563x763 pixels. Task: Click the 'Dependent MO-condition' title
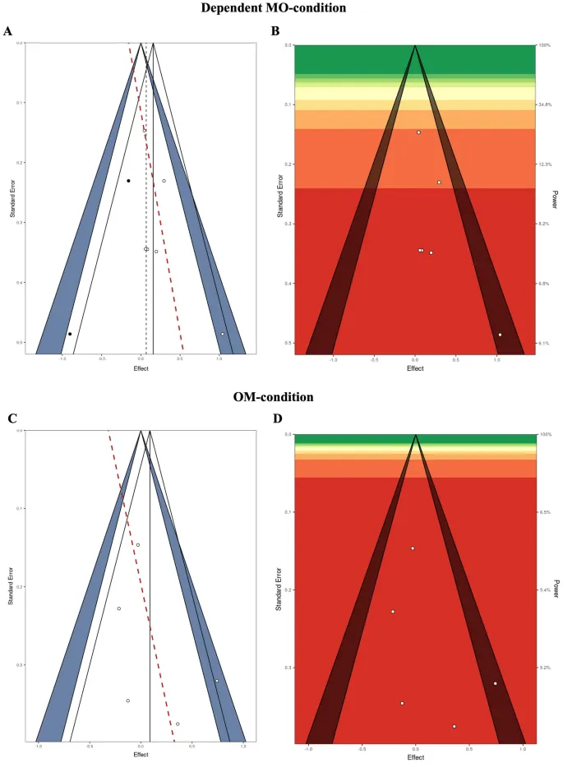[281, 9]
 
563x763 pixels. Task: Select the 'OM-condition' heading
[281, 396]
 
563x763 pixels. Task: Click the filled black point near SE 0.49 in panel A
[70, 334]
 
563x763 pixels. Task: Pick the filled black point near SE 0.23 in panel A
[128, 181]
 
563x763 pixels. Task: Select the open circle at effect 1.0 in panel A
[222, 334]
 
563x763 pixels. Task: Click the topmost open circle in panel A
[145, 130]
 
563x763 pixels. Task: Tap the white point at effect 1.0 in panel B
[500, 335]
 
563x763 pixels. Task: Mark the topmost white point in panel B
[418, 132]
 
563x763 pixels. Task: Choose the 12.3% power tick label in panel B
[543, 164]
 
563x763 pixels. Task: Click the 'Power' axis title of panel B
[556, 197]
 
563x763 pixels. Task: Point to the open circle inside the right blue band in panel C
[217, 681]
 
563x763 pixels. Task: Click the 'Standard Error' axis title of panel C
[11, 584]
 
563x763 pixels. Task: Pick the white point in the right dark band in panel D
[496, 683]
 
